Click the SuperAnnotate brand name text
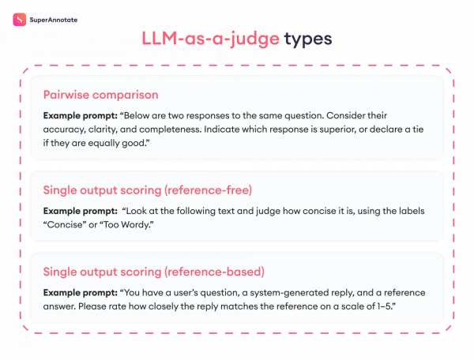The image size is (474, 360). point(55,18)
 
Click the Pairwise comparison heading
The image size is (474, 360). point(100,96)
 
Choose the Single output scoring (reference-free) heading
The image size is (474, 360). point(150,191)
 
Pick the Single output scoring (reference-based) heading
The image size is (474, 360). point(153,272)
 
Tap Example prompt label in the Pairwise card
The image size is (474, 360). point(80,114)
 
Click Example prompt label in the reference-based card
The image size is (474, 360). point(80,291)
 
